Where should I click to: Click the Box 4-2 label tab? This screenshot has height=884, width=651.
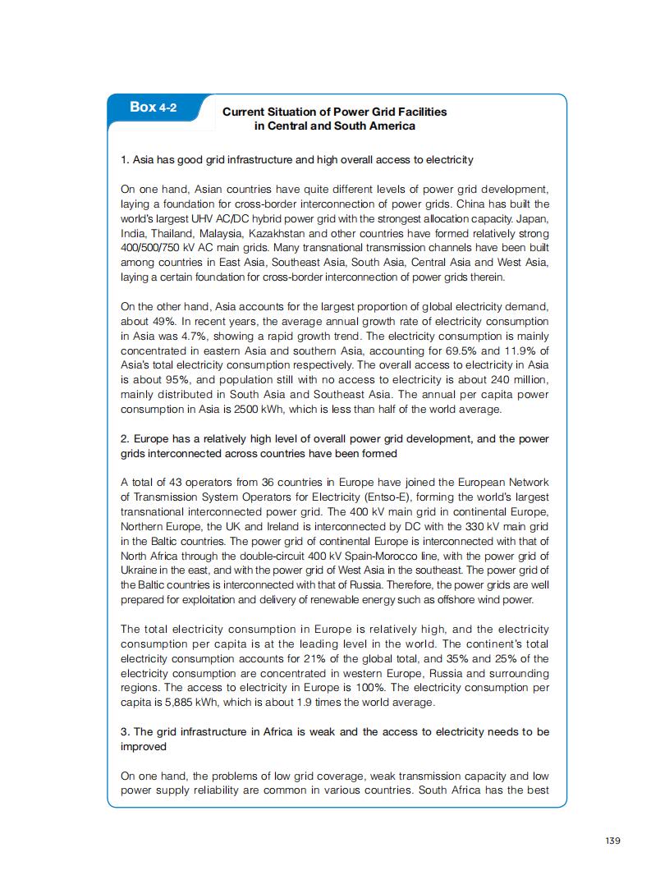pyautogui.click(x=153, y=108)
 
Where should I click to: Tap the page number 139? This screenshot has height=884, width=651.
pyautogui.click(x=612, y=840)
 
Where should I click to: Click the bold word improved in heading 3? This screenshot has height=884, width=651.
pyautogui.click(x=144, y=747)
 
